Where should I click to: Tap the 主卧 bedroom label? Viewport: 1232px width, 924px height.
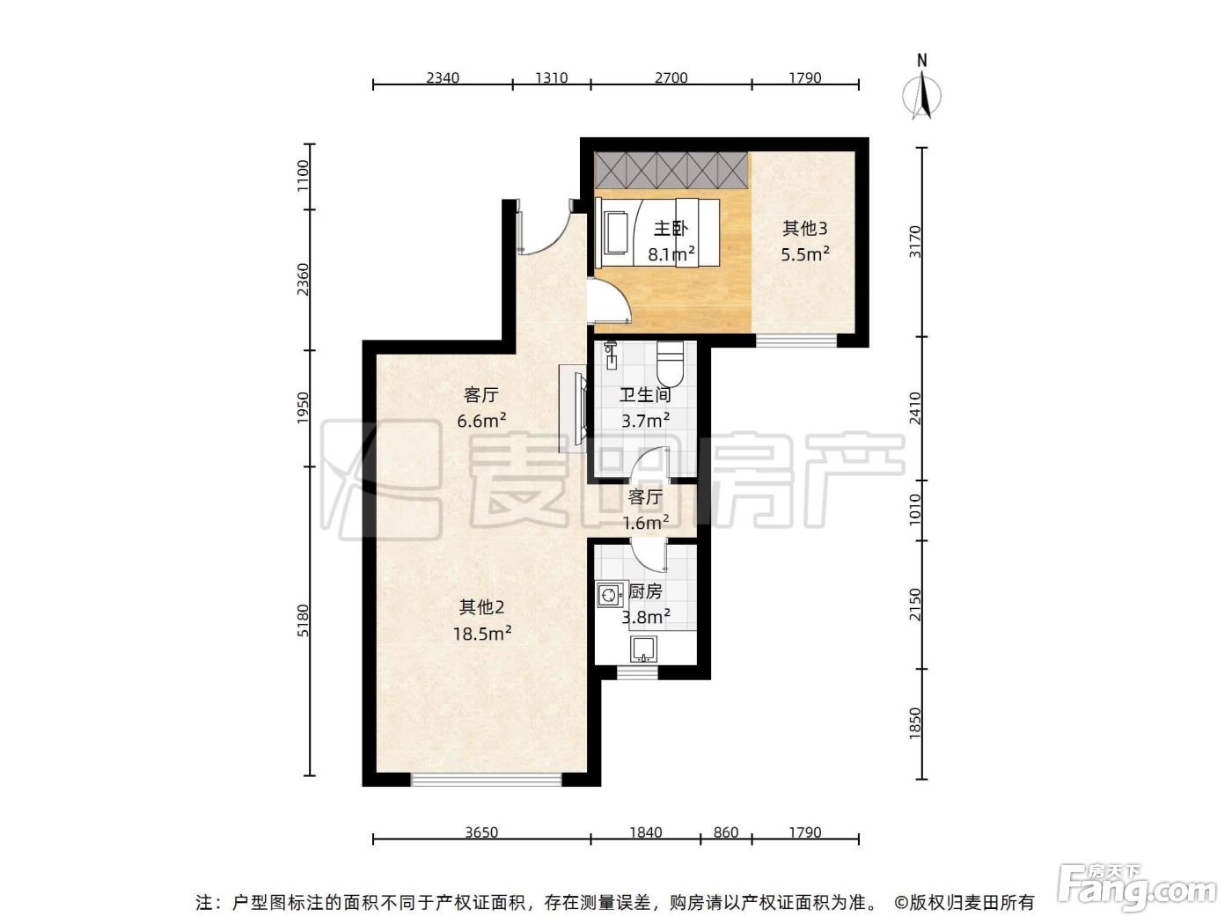(x=671, y=228)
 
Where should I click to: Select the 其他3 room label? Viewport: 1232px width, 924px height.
(x=805, y=228)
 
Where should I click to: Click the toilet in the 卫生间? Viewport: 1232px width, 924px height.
(x=671, y=363)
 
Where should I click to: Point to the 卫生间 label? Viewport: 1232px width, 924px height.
(x=645, y=395)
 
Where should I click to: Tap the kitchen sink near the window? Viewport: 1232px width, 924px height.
(x=644, y=649)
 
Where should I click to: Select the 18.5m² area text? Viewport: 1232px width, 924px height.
(x=482, y=634)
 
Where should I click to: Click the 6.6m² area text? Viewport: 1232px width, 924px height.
(x=481, y=421)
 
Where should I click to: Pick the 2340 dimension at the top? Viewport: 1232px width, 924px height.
(x=443, y=77)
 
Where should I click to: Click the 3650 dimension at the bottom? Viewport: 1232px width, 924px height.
(x=481, y=832)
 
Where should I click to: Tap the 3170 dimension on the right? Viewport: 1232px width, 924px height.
(x=915, y=241)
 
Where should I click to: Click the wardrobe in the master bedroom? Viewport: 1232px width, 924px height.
(x=671, y=170)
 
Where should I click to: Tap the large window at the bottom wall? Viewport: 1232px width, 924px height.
(x=486, y=780)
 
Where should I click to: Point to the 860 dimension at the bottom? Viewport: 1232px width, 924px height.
(x=726, y=832)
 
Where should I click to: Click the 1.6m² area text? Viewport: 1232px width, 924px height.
(x=645, y=523)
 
